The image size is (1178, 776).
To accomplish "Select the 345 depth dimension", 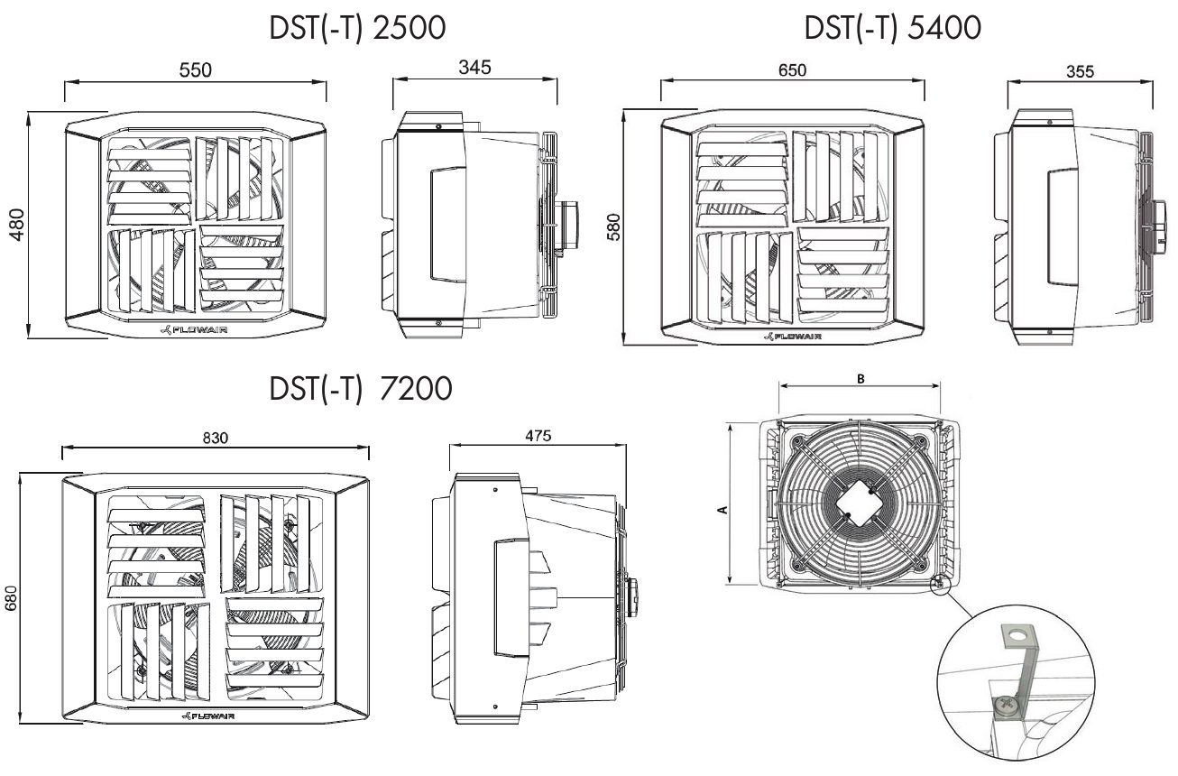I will tap(474, 69).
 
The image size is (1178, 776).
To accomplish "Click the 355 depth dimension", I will tap(1081, 72).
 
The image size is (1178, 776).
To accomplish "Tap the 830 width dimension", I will tap(215, 437).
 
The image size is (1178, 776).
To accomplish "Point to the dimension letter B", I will tap(860, 380).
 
